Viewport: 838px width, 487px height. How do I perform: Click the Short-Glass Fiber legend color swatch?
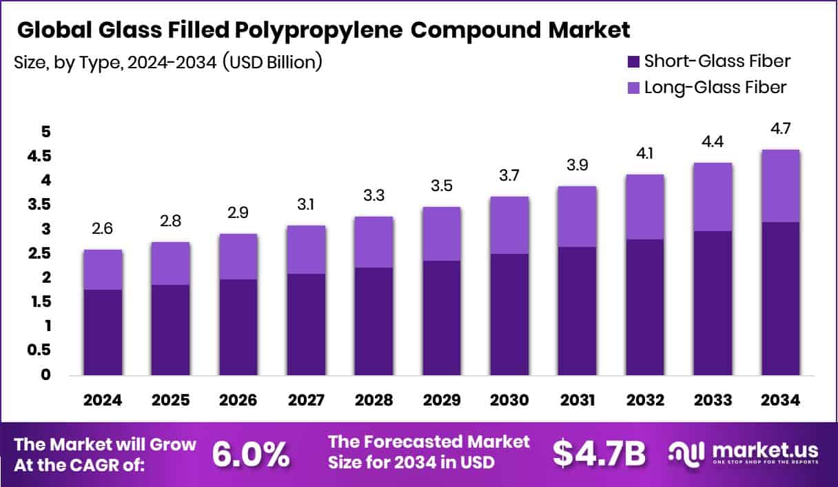[634, 61]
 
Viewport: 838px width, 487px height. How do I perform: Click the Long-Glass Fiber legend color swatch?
[634, 88]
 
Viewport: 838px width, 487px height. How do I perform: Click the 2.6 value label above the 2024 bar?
[103, 228]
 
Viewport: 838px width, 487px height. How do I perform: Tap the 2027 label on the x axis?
[305, 401]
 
